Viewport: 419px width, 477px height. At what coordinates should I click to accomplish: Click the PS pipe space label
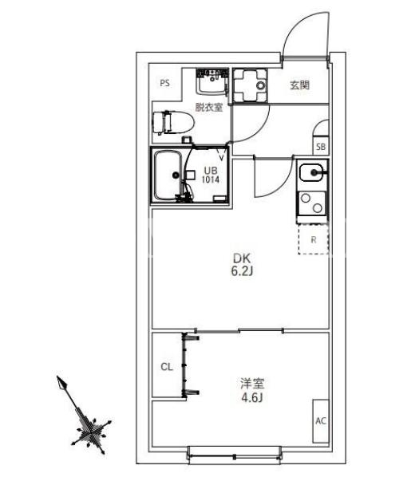(165, 83)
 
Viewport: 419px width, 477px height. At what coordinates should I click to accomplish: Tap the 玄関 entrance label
(300, 85)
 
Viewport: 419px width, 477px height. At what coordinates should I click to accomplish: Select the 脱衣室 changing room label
(209, 107)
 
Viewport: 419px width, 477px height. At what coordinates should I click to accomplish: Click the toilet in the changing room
(173, 123)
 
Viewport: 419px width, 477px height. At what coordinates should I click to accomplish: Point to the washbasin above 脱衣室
(212, 81)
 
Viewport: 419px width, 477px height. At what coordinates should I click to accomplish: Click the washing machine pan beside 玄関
(250, 85)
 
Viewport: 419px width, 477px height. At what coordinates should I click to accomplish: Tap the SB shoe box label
(321, 147)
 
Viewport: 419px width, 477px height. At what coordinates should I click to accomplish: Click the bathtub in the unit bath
(168, 175)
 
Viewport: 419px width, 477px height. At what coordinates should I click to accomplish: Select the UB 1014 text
(211, 175)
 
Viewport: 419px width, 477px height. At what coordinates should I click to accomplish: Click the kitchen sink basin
(310, 172)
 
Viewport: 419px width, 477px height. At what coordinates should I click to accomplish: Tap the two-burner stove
(311, 203)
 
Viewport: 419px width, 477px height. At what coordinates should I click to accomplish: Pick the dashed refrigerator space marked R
(314, 239)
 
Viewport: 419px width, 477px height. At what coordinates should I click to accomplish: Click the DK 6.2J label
(242, 264)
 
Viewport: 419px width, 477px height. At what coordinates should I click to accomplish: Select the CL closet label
(167, 367)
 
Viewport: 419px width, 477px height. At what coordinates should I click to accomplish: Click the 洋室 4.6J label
(252, 390)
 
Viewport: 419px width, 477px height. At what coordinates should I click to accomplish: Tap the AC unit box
(321, 420)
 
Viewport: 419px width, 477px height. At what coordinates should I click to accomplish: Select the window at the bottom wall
(234, 455)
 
